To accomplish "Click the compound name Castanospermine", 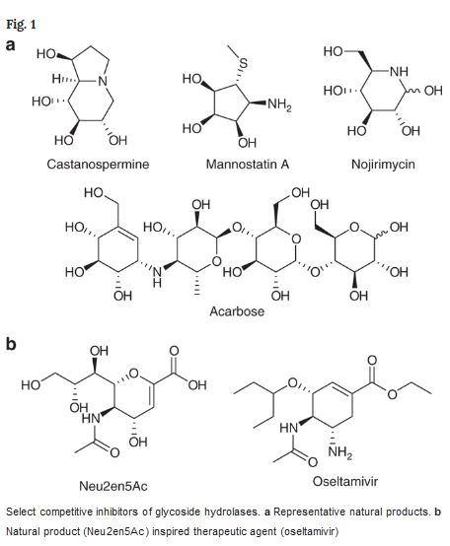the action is pos(98,165).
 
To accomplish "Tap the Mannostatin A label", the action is pos(248,164).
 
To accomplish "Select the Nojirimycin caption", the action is pos(383,165).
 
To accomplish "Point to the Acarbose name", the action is pos(237,311).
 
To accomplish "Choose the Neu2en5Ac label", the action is pos(113,486).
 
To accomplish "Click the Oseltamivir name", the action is pos(345,482).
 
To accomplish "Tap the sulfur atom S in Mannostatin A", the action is pos(243,63).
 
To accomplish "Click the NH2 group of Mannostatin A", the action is pos(279,104).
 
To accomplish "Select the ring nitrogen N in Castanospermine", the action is pos(103,81).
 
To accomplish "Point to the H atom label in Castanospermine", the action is pos(57,80).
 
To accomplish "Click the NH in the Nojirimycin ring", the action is pos(399,71).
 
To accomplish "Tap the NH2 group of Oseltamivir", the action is pos(340,452).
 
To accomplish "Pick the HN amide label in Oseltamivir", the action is pos(289,428).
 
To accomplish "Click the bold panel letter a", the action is pos(11,45).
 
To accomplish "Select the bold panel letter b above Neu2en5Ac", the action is pos(11,344).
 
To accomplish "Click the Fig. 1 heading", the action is pos(21,25).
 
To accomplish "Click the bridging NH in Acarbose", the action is pos(157,275).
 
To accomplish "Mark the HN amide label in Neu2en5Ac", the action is pos(91,418).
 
